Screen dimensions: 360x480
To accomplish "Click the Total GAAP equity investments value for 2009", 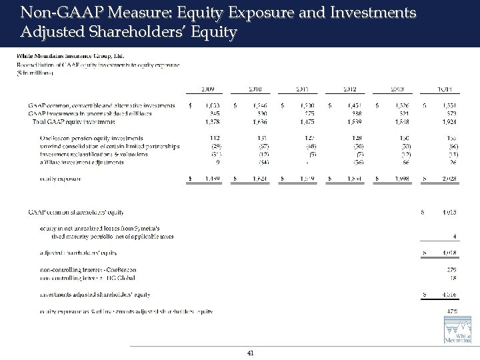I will coord(212,122).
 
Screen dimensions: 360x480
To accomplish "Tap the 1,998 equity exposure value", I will coord(399,178).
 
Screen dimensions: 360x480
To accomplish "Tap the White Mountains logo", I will coord(458,332).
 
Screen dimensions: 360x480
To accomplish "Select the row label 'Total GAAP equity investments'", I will coord(74,122).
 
